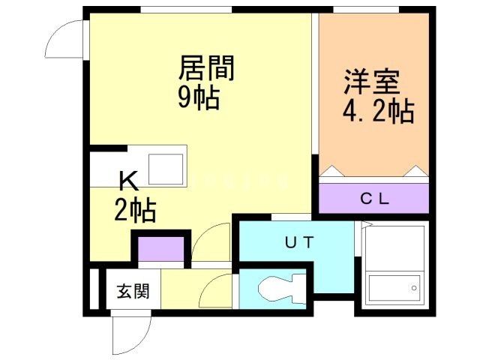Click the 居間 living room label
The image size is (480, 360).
pyautogui.click(x=206, y=67)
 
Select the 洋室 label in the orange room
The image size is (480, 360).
pyautogui.click(x=372, y=82)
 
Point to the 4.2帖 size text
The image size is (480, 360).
pyautogui.click(x=378, y=111)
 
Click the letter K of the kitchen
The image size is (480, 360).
pyautogui.click(x=128, y=182)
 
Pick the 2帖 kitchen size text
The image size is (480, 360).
pyautogui.click(x=135, y=210)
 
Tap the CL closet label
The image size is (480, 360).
pyautogui.click(x=375, y=199)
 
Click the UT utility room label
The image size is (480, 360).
pyautogui.click(x=300, y=242)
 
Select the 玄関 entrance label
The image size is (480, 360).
pyautogui.click(x=133, y=291)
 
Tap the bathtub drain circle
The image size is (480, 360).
pyautogui.click(x=414, y=288)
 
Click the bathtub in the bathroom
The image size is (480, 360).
pyautogui.click(x=394, y=288)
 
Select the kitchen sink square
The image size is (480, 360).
pyautogui.click(x=166, y=169)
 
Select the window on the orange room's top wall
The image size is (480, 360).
pyautogui.click(x=366, y=10)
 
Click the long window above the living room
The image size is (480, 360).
pyautogui.click(x=186, y=10)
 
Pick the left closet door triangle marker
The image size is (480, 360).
pyautogui.click(x=331, y=172)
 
